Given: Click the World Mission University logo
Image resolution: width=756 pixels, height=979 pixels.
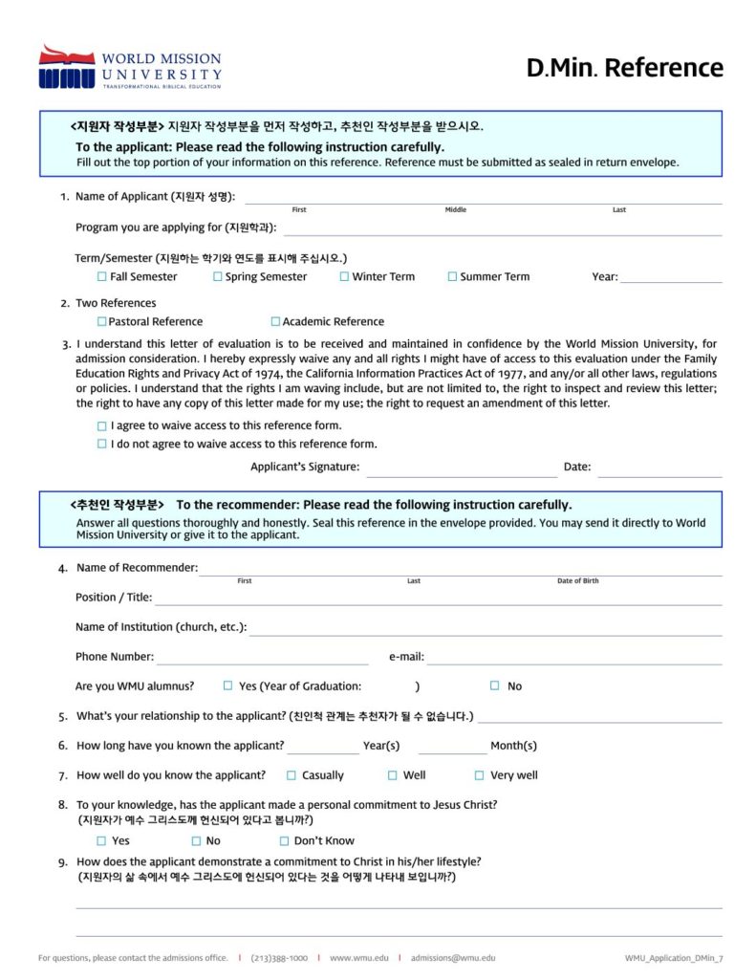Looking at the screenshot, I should (x=130, y=67).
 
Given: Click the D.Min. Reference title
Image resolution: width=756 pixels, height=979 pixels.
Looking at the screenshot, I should (x=624, y=68).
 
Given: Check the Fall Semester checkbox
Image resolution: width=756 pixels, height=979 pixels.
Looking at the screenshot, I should (x=102, y=277).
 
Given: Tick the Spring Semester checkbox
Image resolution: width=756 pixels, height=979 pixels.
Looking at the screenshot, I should (x=218, y=277).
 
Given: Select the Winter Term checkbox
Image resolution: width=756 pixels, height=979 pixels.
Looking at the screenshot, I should (x=344, y=277).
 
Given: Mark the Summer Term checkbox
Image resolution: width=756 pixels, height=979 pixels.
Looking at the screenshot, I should (x=452, y=277).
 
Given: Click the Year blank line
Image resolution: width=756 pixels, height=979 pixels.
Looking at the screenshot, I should (x=671, y=279).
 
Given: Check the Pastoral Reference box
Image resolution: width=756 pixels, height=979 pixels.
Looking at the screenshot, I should (x=101, y=322).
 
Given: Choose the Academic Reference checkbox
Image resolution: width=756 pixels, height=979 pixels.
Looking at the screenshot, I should (x=275, y=322).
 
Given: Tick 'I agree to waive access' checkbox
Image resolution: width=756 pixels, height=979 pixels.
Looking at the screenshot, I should (x=102, y=426).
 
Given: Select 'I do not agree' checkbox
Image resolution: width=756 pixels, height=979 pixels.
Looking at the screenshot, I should (x=102, y=445).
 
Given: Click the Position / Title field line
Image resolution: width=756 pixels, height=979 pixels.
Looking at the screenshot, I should (x=438, y=600).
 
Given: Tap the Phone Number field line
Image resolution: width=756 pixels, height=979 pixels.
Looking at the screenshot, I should (x=263, y=660).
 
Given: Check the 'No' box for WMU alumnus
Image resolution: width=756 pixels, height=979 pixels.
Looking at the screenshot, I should (x=495, y=685).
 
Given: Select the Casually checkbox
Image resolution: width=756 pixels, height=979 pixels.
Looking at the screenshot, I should (x=292, y=775).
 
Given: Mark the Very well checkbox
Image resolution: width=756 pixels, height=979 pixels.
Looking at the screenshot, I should (x=480, y=775).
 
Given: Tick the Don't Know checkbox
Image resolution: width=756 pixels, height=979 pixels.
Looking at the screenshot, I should (x=284, y=841).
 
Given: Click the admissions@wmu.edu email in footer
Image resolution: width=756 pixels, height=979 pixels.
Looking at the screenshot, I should (x=453, y=957).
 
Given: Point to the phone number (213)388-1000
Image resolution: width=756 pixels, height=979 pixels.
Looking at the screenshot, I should (x=279, y=957).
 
